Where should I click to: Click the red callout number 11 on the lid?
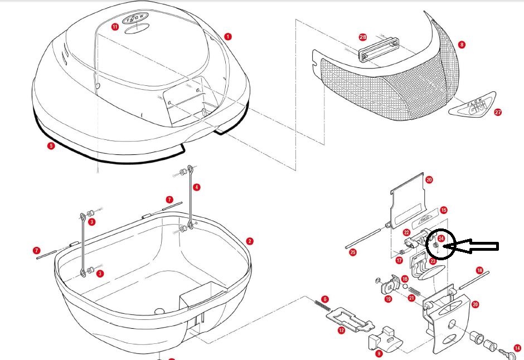[x=115, y=26]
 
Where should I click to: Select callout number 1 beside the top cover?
[x=228, y=36]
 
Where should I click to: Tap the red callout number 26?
[x=363, y=37]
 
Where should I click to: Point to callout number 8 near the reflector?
[x=462, y=45]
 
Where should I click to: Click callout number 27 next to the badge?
[x=498, y=112]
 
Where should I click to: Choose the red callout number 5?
[x=51, y=146]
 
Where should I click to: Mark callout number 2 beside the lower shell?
[x=250, y=241]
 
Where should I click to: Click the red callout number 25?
[x=352, y=252]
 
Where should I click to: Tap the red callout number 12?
[x=341, y=330]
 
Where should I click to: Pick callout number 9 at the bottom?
[x=379, y=353]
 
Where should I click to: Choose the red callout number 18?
[x=479, y=270]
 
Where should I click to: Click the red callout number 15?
[x=443, y=211]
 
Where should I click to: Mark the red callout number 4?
[x=197, y=187]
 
